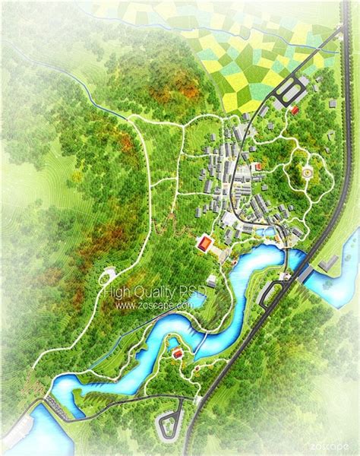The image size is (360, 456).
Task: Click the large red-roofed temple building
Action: click(x=204, y=244)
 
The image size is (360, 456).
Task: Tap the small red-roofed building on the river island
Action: click(x=177, y=353)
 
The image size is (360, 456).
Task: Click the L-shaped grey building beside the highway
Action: click(x=328, y=262)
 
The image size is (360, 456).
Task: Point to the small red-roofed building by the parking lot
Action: click(x=294, y=111)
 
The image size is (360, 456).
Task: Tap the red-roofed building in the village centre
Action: click(x=257, y=165)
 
